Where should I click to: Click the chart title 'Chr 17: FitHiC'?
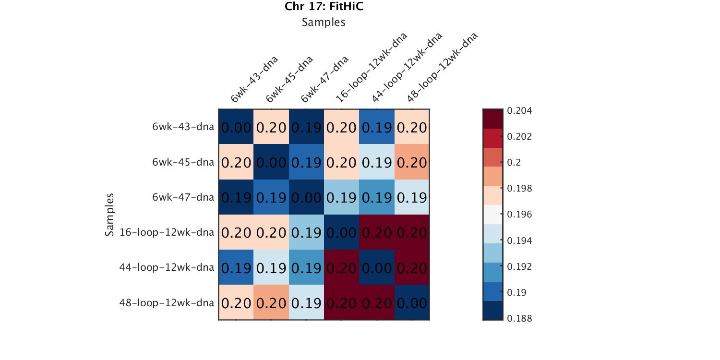(324, 6)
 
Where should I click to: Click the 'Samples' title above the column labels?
(324, 22)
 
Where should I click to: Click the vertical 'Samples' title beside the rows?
(110, 215)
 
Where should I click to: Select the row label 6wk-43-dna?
(183, 127)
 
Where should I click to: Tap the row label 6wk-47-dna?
(183, 197)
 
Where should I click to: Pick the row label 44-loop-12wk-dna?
(167, 267)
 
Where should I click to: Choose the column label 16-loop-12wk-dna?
(371, 68)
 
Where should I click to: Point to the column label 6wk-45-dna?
(289, 80)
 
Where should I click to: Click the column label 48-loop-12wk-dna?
(442, 68)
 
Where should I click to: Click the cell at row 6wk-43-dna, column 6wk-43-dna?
(236, 127)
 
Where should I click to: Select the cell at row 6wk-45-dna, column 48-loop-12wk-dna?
(412, 162)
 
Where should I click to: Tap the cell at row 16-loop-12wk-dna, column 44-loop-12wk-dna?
(377, 232)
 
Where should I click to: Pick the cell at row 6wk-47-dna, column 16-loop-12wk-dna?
(342, 197)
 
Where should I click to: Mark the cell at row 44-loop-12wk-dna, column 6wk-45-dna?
(271, 267)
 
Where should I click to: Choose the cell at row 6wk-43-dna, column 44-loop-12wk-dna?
(377, 127)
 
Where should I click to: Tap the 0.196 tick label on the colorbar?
(519, 215)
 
